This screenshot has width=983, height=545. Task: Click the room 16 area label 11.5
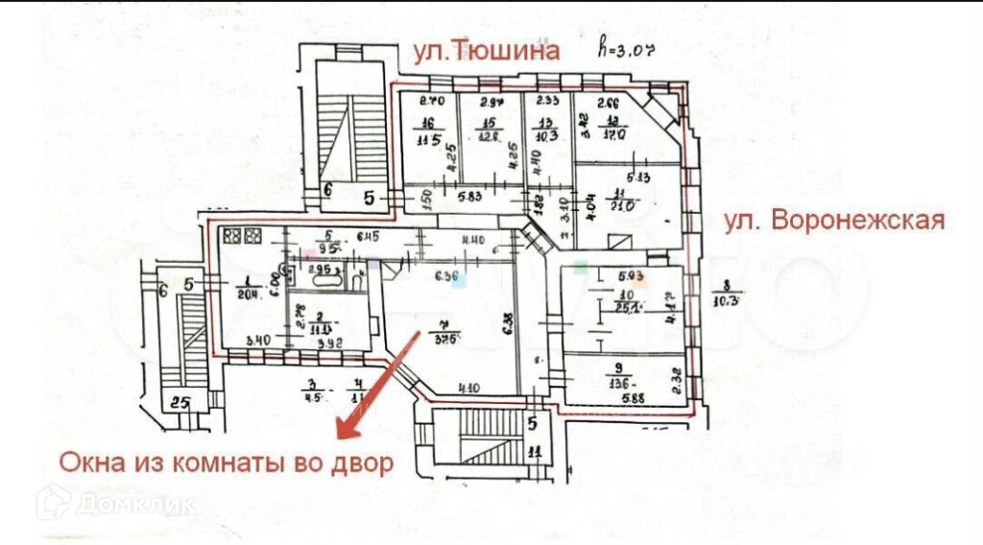click(x=427, y=139)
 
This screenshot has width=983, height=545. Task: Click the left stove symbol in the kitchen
click(x=231, y=235)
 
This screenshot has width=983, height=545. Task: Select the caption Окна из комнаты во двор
click(x=227, y=463)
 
